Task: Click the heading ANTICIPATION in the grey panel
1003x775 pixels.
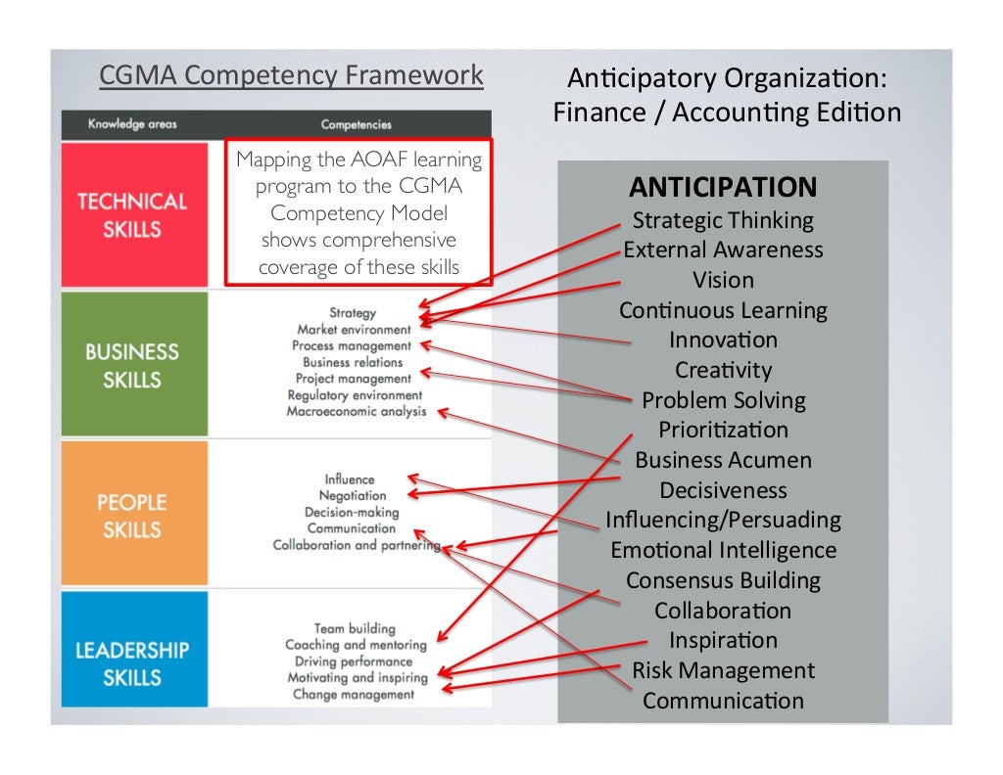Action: (723, 187)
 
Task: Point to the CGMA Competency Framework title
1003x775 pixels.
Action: (291, 75)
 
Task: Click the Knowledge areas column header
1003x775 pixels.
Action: (132, 124)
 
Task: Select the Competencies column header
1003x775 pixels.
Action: (356, 124)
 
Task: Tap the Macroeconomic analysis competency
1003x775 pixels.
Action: (357, 412)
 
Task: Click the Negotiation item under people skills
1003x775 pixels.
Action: (353, 496)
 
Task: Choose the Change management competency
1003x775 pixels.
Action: (354, 694)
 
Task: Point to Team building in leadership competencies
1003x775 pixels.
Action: (355, 628)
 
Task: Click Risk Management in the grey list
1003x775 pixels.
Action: (723, 670)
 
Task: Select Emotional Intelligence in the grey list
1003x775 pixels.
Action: (723, 550)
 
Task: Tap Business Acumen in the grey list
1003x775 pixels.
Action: (723, 460)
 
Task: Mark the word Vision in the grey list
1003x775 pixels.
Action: (723, 280)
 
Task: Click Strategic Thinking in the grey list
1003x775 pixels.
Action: (723, 220)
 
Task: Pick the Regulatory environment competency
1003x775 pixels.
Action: (355, 395)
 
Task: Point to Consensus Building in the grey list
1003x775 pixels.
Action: (723, 580)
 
